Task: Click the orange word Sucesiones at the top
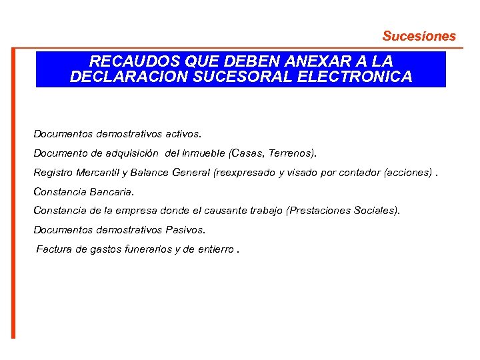419,36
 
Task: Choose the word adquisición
132,153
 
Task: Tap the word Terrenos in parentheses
291,153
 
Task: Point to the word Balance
150,173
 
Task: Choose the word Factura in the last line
55,249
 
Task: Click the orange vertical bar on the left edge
12,193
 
